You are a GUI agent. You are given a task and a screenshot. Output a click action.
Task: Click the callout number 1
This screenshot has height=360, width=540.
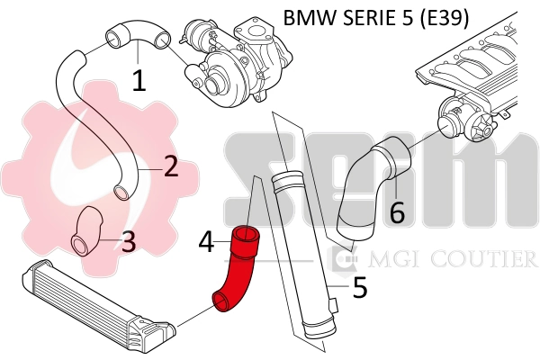click(x=139, y=81)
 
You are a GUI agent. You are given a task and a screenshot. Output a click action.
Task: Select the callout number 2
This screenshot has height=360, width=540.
click(x=171, y=165)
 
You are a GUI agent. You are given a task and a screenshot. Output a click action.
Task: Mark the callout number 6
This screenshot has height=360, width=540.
click(x=397, y=212)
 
